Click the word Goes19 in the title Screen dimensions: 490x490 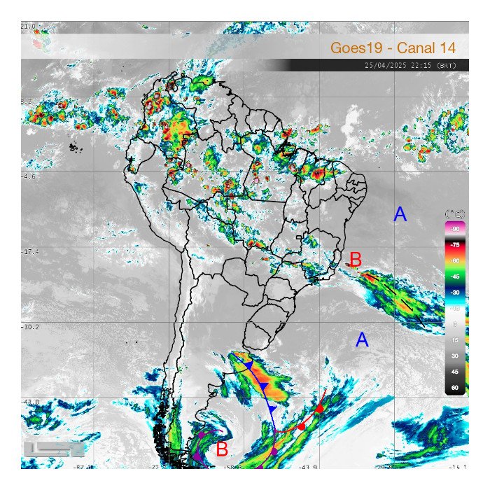[x=359, y=48]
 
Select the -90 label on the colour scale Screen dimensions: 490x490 [x=454, y=230]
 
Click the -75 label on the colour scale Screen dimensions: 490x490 [x=454, y=245]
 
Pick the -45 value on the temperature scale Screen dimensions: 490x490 [x=454, y=276]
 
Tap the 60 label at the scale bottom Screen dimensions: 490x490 [x=454, y=387]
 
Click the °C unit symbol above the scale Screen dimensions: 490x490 [x=455, y=213]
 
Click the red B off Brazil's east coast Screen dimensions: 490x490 [x=356, y=259]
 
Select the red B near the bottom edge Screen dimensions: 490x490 [x=222, y=450]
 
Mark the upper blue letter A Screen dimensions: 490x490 [x=400, y=215]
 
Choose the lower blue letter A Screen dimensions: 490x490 [x=362, y=340]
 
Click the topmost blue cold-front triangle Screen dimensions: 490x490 [x=248, y=365]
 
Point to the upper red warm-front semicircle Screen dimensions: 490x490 [x=320, y=407]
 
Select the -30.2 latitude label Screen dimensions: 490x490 [x=28, y=327]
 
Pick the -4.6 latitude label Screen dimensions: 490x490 [x=28, y=177]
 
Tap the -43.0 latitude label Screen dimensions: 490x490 [x=28, y=401]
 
